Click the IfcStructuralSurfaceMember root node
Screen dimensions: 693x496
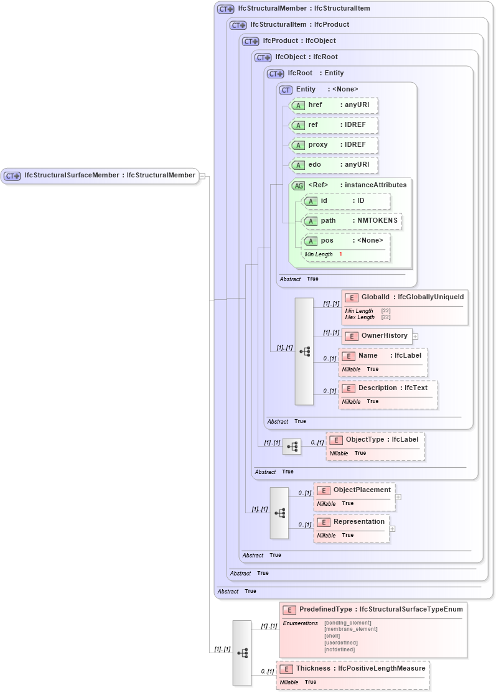100,175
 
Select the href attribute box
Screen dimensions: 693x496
335,106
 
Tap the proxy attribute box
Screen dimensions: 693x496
335,145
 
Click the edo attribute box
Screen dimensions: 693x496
335,165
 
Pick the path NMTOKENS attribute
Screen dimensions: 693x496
352,221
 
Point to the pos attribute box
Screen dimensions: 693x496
346,241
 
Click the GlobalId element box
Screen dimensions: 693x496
405,297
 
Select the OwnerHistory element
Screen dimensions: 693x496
377,336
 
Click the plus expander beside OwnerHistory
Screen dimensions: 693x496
415,337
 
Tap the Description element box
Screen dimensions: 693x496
388,388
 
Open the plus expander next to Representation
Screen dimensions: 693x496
392,529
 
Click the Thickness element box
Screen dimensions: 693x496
353,669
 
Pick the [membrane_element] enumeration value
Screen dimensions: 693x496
350,629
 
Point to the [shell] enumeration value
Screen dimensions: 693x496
333,636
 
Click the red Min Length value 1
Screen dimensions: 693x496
340,254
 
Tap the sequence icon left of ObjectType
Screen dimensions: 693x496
292,447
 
